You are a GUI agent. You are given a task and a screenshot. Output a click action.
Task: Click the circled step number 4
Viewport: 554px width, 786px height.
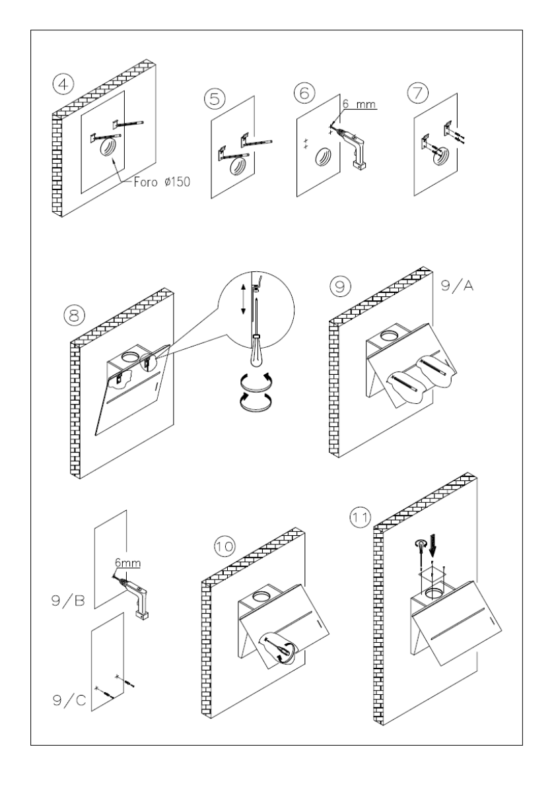pos(63,83)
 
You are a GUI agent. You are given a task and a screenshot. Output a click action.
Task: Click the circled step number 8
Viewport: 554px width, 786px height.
pos(75,315)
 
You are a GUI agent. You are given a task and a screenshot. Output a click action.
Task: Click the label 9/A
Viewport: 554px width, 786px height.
pos(457,286)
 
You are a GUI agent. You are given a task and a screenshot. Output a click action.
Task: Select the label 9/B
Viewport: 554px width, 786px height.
pos(68,600)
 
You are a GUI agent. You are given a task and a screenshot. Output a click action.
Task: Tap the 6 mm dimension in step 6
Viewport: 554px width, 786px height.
pos(359,104)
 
